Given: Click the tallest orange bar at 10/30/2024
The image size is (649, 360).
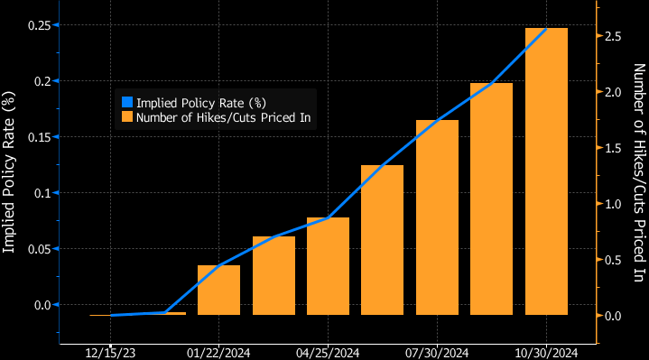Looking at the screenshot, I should [546, 171].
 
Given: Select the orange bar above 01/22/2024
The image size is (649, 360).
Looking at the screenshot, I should [218, 290].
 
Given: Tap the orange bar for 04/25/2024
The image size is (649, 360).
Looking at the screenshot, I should [328, 266].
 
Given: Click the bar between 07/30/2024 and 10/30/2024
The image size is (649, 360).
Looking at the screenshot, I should [491, 199].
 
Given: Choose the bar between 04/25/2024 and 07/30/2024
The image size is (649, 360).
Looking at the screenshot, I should [382, 240].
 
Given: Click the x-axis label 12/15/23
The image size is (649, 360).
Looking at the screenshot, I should [109, 351].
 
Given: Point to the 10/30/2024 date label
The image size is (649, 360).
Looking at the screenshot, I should [546, 351].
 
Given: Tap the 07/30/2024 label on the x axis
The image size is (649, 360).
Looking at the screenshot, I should [437, 351].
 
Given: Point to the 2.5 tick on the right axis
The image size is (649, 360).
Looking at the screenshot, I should [614, 36].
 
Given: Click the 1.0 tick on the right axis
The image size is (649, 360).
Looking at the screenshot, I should [614, 204].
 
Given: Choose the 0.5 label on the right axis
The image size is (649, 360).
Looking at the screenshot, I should [614, 260].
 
